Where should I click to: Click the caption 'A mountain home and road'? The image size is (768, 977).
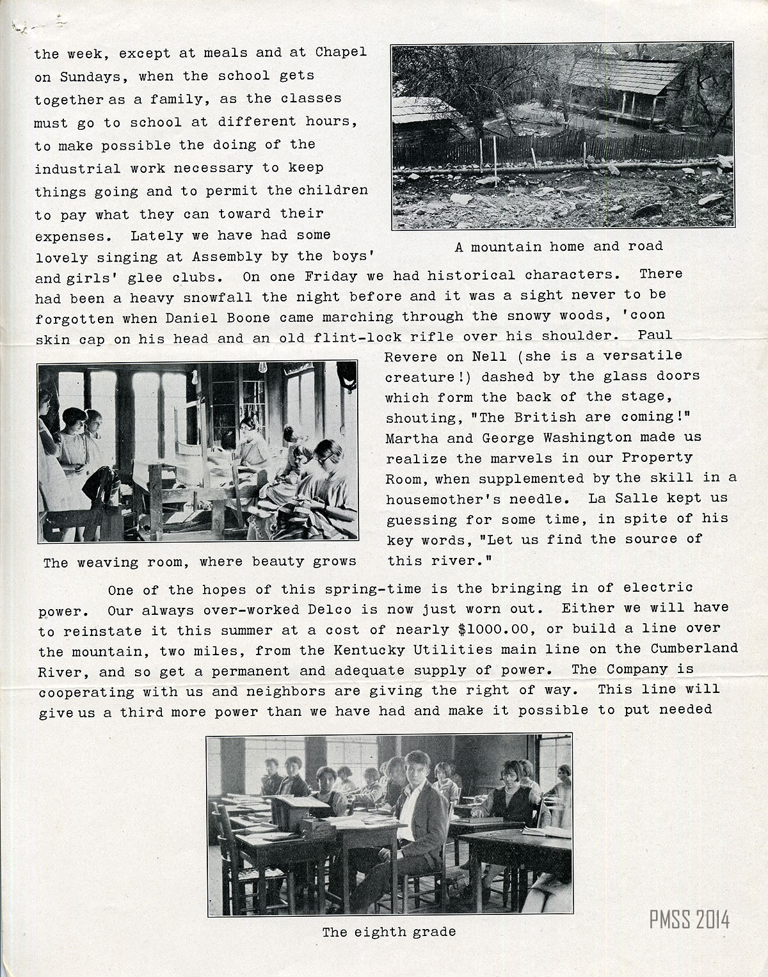tap(559, 246)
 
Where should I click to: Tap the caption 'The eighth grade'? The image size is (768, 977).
tap(388, 932)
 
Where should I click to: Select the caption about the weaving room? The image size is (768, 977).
tap(199, 562)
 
